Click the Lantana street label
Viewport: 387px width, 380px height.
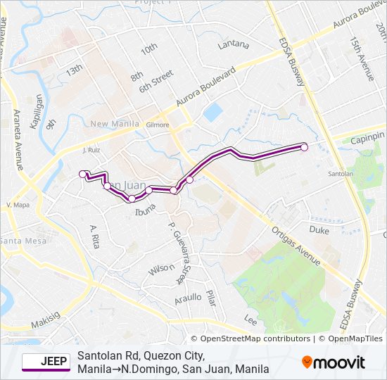[234, 45]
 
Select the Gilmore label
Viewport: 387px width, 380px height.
[158, 125]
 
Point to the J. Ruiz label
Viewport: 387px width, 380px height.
[93, 150]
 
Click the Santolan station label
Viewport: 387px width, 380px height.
[341, 173]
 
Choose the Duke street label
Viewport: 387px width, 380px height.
[319, 229]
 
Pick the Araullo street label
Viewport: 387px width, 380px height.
[188, 298]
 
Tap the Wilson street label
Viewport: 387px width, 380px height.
[160, 270]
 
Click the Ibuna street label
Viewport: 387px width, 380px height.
[145, 206]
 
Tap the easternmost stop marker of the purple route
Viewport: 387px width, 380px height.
[305, 146]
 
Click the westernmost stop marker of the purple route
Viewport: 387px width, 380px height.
[82, 174]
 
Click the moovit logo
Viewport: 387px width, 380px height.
[334, 362]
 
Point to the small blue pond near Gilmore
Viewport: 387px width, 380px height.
[212, 112]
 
